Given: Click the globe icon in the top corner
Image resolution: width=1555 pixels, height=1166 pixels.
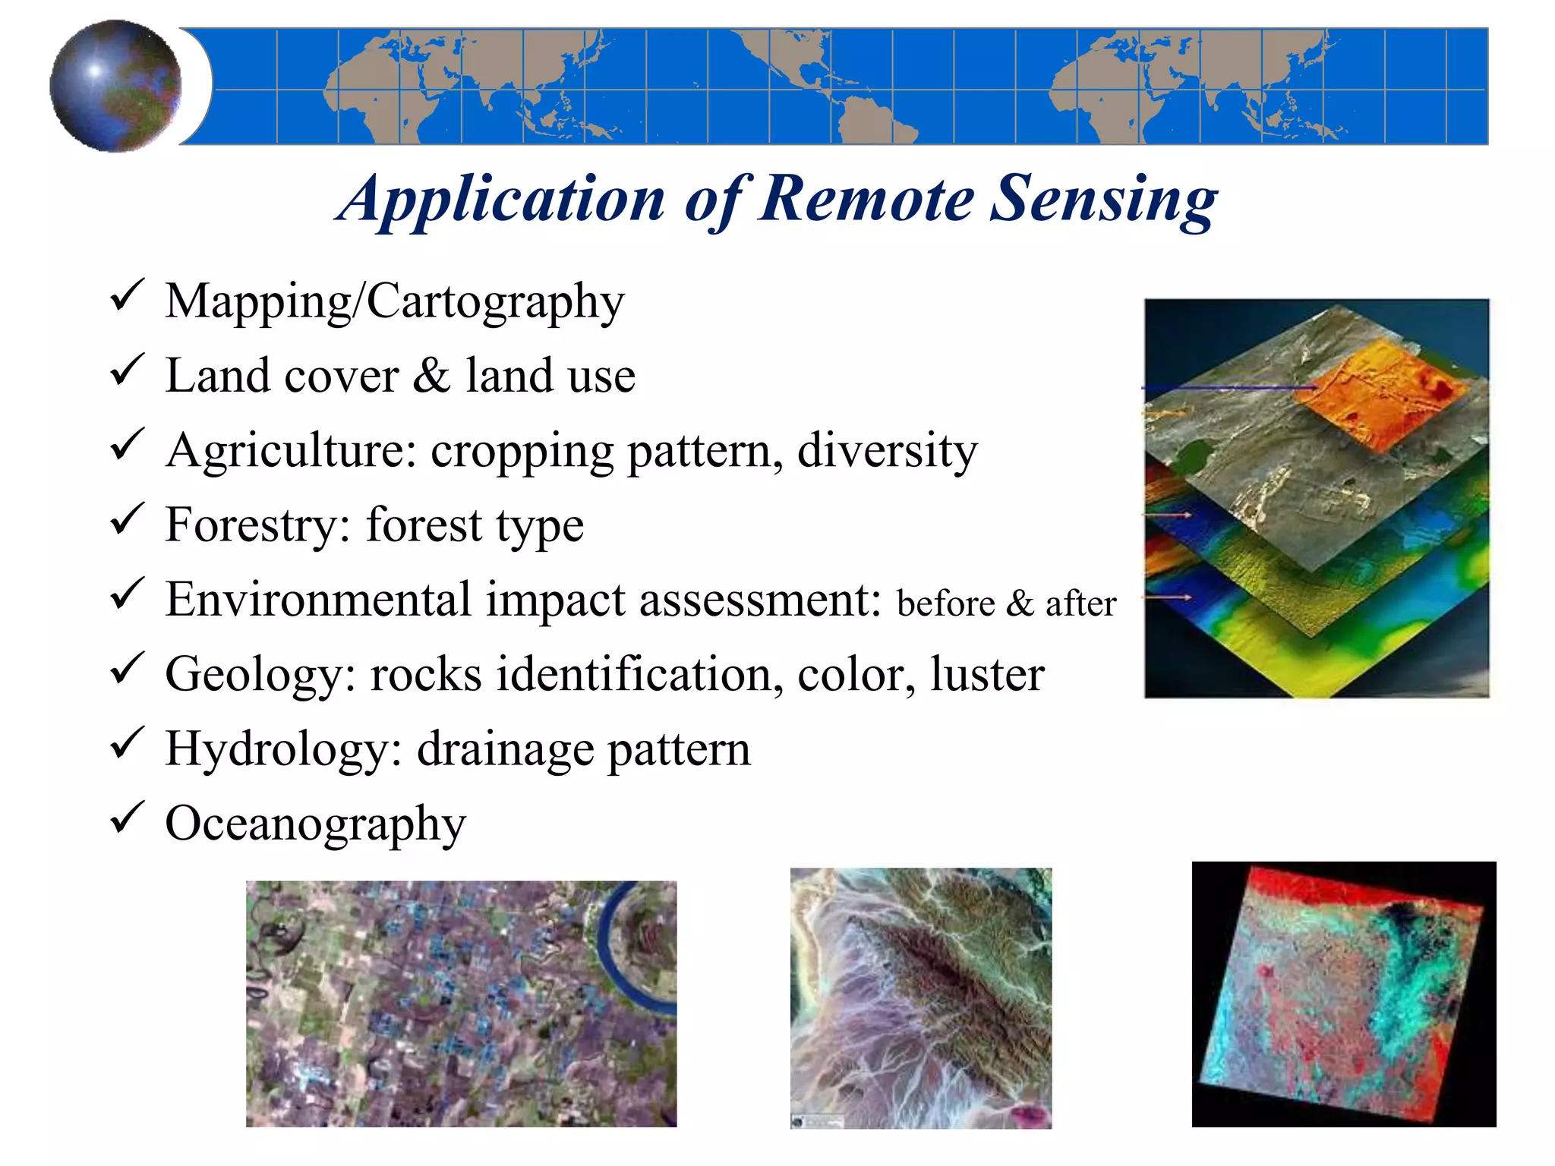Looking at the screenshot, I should [x=115, y=86].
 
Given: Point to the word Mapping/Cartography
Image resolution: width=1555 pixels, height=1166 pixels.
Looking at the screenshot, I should [x=394, y=302].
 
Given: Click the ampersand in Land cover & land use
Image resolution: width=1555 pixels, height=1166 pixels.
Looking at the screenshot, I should [x=432, y=375].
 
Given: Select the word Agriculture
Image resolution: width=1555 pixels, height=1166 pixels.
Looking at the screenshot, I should [x=291, y=451].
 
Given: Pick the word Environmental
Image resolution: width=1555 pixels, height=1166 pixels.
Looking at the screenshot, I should [x=319, y=599].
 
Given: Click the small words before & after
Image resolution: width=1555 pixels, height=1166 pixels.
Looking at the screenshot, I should [x=1005, y=604].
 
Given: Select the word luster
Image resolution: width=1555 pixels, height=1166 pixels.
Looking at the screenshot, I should [x=987, y=674].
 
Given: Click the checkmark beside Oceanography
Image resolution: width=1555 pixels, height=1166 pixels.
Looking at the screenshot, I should [x=127, y=817].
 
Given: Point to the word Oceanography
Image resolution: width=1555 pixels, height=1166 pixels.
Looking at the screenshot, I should [x=315, y=824].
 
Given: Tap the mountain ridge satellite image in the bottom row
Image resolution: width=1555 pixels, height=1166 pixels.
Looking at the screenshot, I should [x=920, y=998].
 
